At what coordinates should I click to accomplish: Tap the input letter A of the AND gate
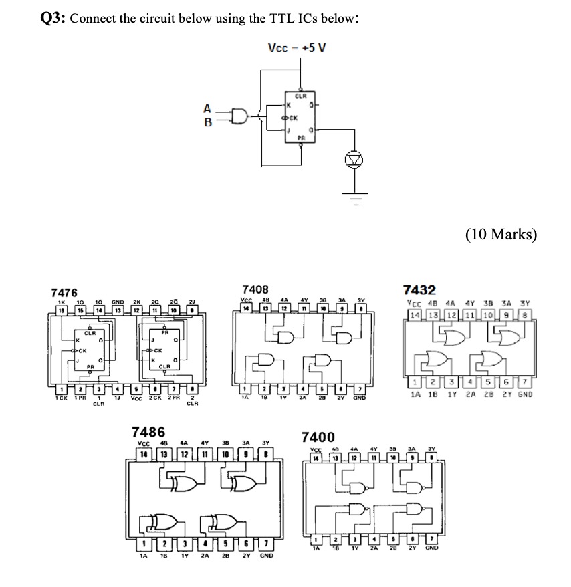(x=207, y=108)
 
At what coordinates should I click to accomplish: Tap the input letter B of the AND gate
(x=207, y=123)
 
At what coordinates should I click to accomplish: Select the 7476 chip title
(x=64, y=293)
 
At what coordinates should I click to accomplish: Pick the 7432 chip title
(x=420, y=290)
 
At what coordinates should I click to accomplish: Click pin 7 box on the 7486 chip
(x=265, y=543)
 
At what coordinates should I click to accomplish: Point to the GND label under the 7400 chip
(x=431, y=548)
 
